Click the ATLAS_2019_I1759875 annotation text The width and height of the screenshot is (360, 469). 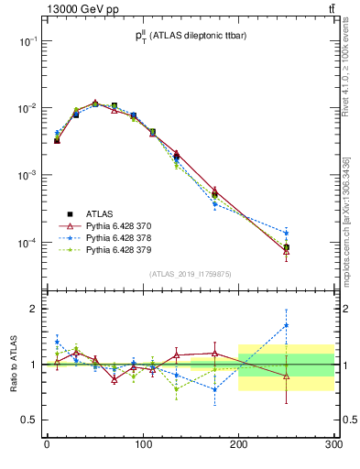click(x=191, y=273)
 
